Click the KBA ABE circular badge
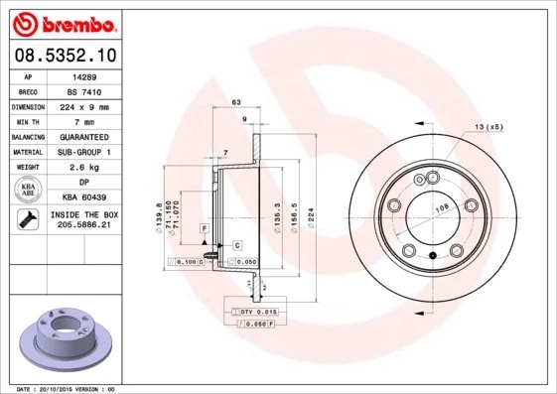28,191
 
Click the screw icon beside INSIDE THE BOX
28,220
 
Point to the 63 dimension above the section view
236,102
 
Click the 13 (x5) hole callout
488,127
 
